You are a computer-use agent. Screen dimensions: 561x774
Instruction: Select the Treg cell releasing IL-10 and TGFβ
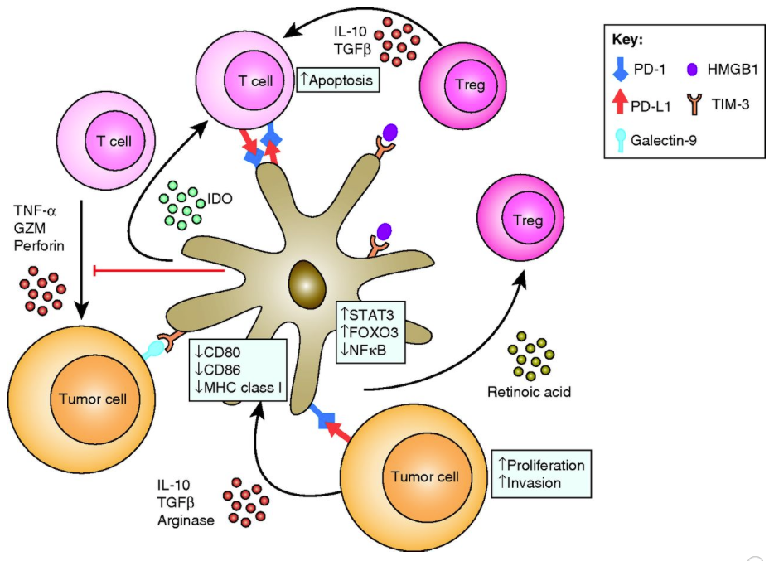coord(462,85)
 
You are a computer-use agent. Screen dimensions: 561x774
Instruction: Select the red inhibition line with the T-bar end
coord(157,270)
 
